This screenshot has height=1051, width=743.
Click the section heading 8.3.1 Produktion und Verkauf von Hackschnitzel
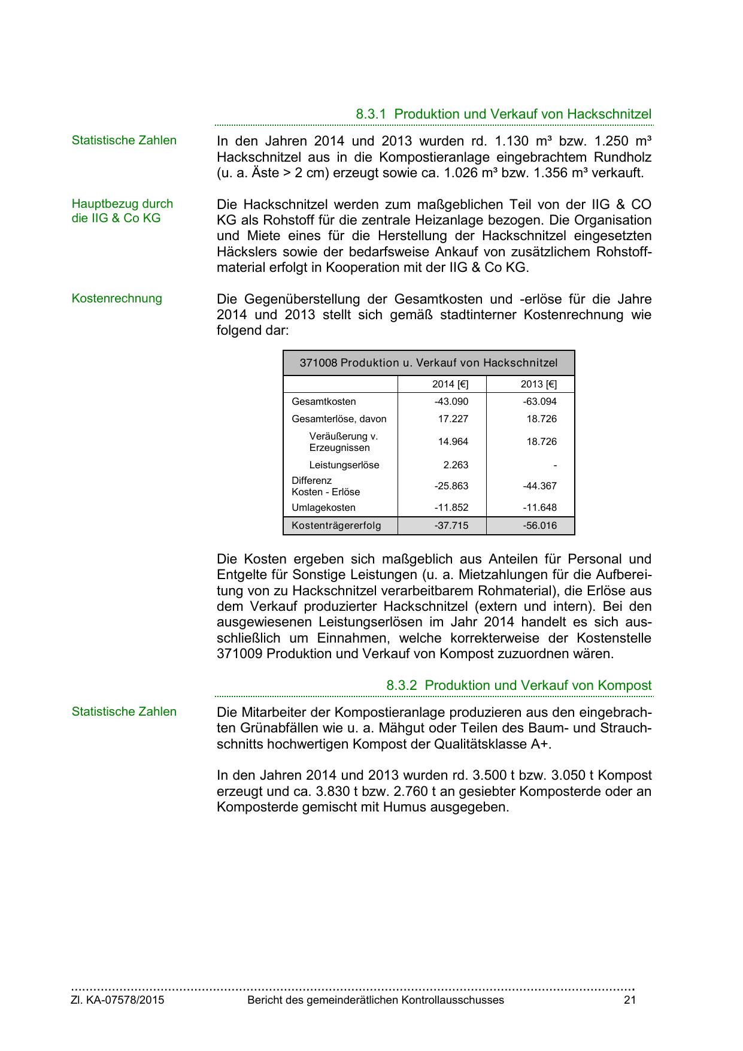click(503, 114)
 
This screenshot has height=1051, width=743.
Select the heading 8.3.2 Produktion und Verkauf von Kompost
click(518, 685)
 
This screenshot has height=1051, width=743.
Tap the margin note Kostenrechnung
click(117, 298)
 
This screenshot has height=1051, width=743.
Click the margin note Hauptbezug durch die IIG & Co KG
click(122, 211)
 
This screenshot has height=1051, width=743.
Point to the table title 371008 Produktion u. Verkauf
click(429, 363)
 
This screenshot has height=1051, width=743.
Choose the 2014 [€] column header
click(450, 384)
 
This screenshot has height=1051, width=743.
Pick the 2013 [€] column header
click(539, 384)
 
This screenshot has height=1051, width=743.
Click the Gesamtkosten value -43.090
click(451, 401)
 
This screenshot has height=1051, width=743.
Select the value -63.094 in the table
click(540, 401)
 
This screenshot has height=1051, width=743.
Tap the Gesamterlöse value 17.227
click(453, 419)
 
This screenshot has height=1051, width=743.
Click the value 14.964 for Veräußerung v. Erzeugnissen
click(453, 441)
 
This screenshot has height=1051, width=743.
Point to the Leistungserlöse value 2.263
click(456, 465)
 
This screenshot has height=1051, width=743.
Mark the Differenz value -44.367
click(540, 486)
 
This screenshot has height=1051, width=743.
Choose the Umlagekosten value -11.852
click(451, 507)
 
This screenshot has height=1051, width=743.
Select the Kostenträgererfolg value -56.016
click(540, 526)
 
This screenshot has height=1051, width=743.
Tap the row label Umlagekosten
click(323, 507)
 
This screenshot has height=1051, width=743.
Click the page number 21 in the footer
click(629, 1000)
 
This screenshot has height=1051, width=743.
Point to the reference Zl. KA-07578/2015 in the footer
click(118, 1000)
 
